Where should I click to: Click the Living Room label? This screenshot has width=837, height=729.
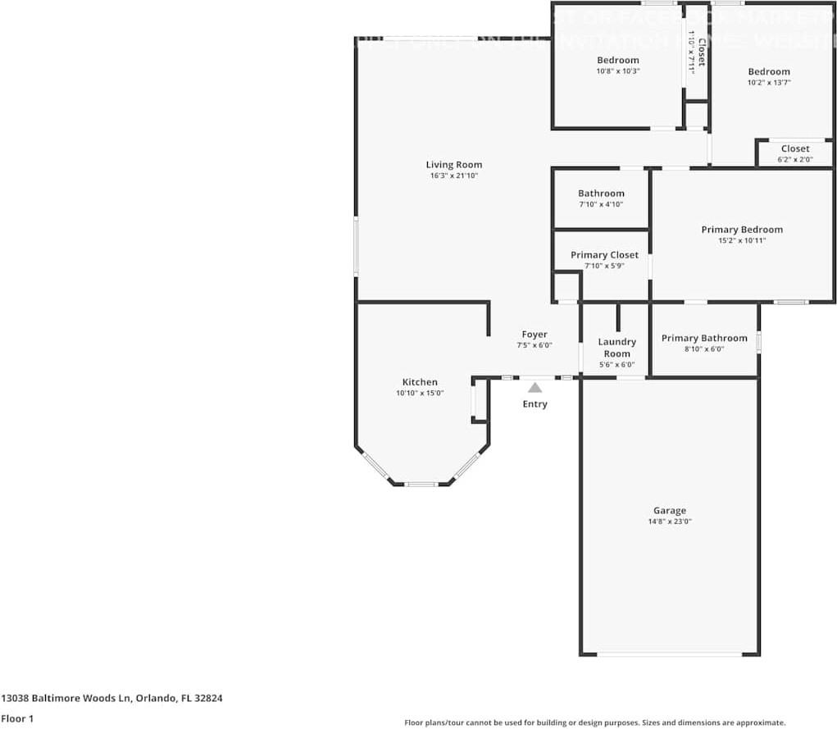click(453, 165)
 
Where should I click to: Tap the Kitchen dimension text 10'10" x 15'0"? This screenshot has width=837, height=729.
click(419, 394)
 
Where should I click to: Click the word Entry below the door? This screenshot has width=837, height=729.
click(534, 404)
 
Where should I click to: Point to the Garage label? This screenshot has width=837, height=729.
click(669, 510)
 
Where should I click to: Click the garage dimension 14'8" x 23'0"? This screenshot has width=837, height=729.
click(669, 522)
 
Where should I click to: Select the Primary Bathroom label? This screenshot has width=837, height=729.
click(704, 338)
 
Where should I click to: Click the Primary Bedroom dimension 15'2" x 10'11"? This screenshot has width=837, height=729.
click(741, 241)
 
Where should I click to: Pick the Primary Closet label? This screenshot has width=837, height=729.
click(604, 255)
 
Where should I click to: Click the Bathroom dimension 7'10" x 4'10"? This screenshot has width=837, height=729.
click(601, 205)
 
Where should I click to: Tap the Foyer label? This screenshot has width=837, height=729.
click(534, 335)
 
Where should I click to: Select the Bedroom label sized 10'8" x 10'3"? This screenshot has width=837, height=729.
click(617, 60)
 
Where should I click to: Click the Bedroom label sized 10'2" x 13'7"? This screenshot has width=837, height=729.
click(768, 71)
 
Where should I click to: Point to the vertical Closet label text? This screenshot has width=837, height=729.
click(700, 51)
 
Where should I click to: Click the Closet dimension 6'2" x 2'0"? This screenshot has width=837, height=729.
click(794, 160)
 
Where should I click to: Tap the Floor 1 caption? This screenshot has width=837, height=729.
click(17, 719)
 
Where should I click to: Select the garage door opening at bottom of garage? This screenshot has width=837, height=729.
click(669, 654)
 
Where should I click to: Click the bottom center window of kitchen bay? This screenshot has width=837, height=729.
click(421, 485)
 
